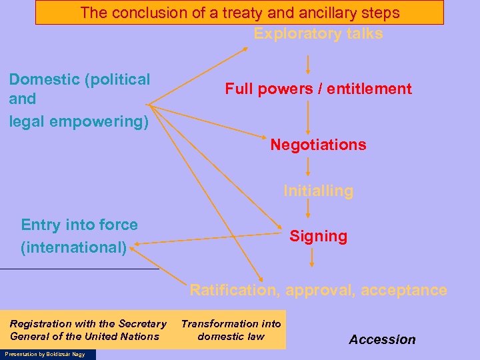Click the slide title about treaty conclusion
(x=239, y=13)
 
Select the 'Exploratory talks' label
(x=318, y=34)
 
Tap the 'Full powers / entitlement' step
(x=318, y=89)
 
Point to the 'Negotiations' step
(x=318, y=145)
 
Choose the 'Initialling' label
(x=318, y=191)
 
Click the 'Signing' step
(x=318, y=236)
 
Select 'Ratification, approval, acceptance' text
(x=318, y=290)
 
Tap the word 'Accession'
(x=382, y=339)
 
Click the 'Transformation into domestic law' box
(x=231, y=329)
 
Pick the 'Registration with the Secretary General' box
(x=87, y=329)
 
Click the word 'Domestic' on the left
(x=44, y=80)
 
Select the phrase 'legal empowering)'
(x=79, y=122)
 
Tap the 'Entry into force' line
(x=79, y=225)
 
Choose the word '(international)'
(x=73, y=247)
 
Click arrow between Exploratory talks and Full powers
(x=307, y=64)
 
